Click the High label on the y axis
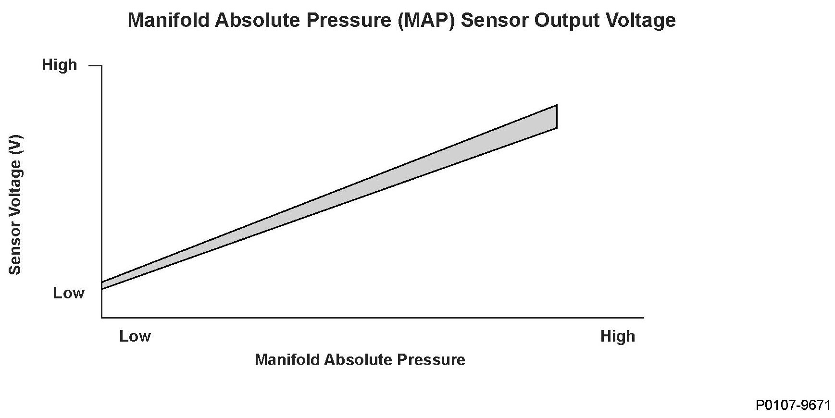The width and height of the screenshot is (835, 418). [x=59, y=65]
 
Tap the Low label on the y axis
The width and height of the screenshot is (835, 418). [x=68, y=293]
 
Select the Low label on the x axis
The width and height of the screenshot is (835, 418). [x=135, y=336]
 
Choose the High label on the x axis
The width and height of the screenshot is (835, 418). [x=617, y=336]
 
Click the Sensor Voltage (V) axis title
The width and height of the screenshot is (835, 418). [x=15, y=205]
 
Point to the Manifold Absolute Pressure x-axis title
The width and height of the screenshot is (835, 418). [x=360, y=360]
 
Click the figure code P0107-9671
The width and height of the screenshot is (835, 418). [x=793, y=406]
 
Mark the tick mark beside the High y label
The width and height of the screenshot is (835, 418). [x=95, y=65]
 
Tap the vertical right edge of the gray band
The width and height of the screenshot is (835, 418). [x=557, y=116]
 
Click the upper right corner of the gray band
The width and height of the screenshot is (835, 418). [x=557, y=105]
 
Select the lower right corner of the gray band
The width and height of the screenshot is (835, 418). [x=557, y=128]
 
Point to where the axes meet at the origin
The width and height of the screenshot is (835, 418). [x=102, y=317]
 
